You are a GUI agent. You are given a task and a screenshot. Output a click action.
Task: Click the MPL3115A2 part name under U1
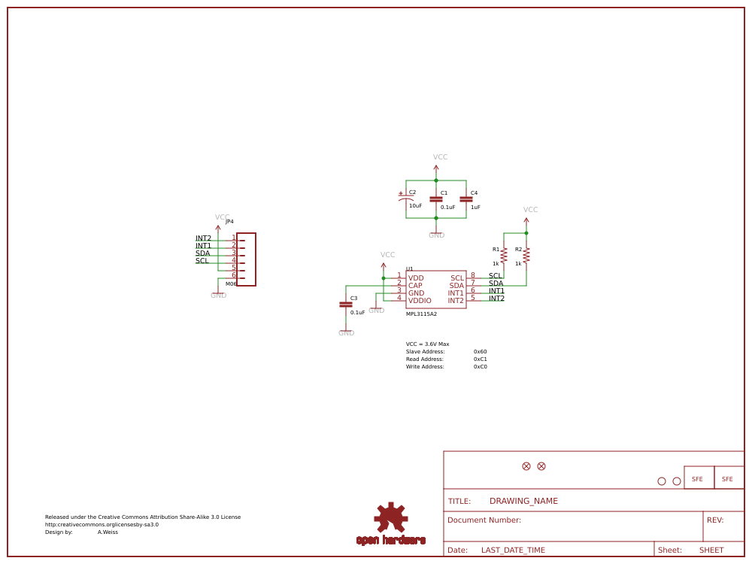tap(421, 314)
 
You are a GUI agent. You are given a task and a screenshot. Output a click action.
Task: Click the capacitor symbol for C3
tap(346, 304)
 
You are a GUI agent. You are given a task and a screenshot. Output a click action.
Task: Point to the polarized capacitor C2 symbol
tap(406, 198)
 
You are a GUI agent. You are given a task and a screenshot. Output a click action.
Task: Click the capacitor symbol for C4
tap(465, 199)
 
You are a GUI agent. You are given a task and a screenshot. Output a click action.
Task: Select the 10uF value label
tap(415, 205)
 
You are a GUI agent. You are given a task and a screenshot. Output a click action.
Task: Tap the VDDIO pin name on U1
tap(420, 301)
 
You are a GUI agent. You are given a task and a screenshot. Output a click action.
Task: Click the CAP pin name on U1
tap(415, 286)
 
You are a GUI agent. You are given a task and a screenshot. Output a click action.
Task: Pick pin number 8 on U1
tap(472, 275)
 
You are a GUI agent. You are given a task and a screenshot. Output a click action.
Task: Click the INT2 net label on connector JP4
tap(203, 238)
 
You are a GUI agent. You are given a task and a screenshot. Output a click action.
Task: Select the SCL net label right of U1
tap(495, 276)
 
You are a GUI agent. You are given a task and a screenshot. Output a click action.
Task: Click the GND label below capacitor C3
tap(346, 333)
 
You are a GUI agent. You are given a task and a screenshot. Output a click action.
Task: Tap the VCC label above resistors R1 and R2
tap(530, 210)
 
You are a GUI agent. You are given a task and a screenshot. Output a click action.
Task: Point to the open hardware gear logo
tap(391, 519)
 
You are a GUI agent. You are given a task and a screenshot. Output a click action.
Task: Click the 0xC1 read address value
tap(480, 359)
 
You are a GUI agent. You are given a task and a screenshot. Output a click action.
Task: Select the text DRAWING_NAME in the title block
tap(523, 501)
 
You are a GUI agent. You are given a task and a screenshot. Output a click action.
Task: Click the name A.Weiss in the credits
tap(108, 532)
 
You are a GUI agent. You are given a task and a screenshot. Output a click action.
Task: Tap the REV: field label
tap(714, 520)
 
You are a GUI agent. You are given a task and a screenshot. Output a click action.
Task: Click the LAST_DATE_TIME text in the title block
tap(513, 550)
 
